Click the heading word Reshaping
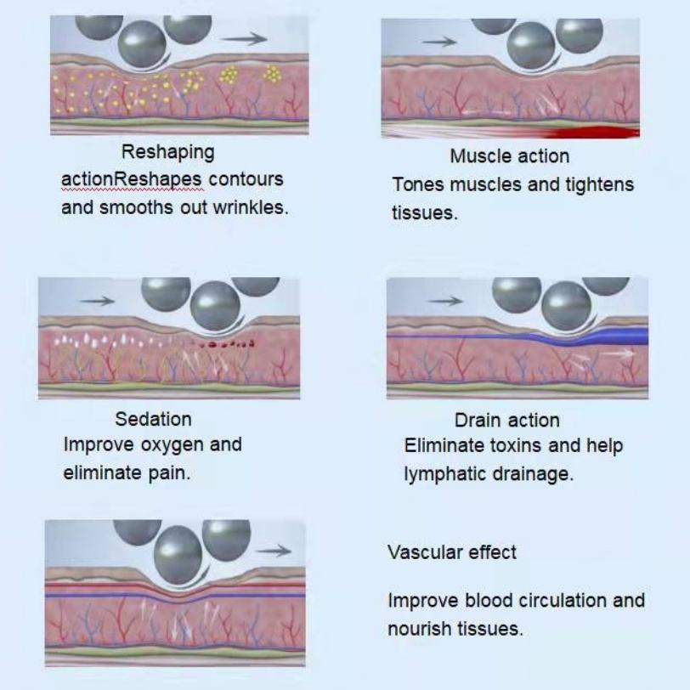pyautogui.click(x=167, y=153)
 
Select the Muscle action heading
pyautogui.click(x=509, y=156)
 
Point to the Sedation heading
pyautogui.click(x=153, y=419)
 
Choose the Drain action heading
pyautogui.click(x=507, y=420)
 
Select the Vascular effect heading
pyautogui.click(x=452, y=552)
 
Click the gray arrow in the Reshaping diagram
pyautogui.click(x=247, y=38)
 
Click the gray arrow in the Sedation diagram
pyautogui.click(x=96, y=300)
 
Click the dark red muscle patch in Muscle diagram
pyautogui.click(x=595, y=132)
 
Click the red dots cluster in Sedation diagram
pyautogui.click(x=225, y=345)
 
